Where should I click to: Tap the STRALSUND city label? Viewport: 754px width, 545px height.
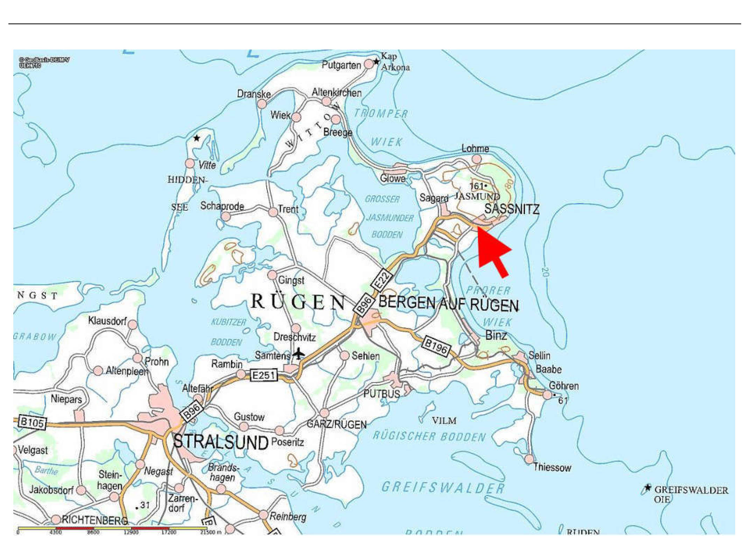(221, 442)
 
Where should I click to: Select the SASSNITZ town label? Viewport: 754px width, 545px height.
(511, 209)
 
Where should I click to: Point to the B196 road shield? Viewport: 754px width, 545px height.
(436, 346)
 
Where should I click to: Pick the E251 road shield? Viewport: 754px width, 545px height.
(264, 375)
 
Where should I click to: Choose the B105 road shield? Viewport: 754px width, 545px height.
(32, 422)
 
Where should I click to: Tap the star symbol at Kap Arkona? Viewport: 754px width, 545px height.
(376, 62)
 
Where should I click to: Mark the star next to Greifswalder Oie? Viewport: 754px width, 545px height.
(648, 488)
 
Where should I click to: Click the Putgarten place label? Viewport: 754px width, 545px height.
(341, 65)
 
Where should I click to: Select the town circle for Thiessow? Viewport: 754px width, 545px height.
(529, 459)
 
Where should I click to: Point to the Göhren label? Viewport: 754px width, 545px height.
(564, 386)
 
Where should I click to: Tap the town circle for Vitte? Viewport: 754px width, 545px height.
(190, 163)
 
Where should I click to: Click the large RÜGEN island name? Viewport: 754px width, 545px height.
(298, 302)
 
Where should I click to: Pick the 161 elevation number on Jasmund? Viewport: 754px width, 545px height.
(476, 186)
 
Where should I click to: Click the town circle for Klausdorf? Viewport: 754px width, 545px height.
(133, 325)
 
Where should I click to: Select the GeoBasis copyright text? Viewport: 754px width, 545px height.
(44, 62)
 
